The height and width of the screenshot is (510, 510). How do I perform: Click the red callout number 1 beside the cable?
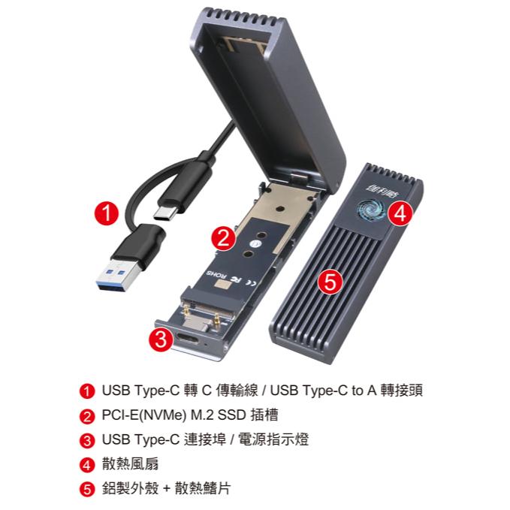(108, 212)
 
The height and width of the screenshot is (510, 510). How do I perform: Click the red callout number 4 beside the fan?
(401, 213)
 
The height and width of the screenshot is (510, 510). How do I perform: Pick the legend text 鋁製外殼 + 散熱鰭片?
(166, 488)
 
